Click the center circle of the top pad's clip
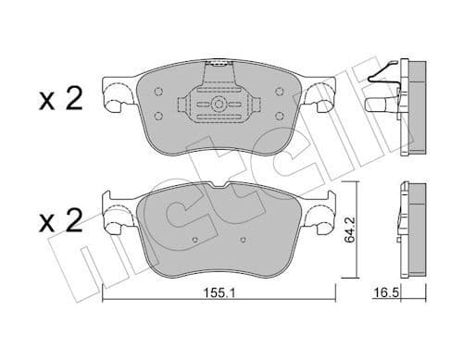coord(219,104)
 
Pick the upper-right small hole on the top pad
coord(278,92)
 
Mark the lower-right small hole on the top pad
coord(278,115)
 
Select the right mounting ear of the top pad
coord(320,96)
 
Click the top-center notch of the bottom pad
coord(219,183)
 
